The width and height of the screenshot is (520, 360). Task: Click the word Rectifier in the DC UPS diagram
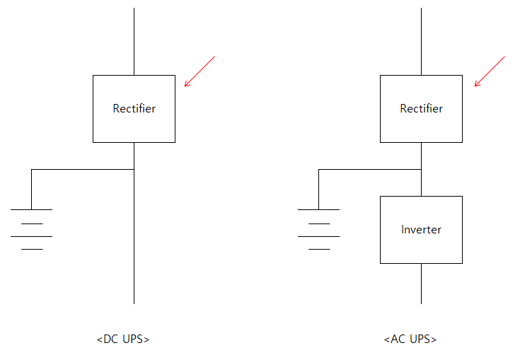coord(134,108)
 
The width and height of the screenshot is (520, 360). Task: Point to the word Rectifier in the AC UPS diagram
coord(421,108)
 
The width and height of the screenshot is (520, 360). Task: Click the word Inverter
coord(421,229)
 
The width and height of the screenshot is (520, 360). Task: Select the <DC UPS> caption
coord(123,339)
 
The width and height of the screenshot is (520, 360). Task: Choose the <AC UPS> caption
coord(410,339)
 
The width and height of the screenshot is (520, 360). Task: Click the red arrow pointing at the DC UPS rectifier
coord(200,71)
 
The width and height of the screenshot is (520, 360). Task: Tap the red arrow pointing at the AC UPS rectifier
coord(490,71)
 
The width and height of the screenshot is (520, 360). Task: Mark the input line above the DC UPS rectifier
coord(134,42)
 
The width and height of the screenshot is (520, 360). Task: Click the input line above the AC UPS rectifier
coord(421,42)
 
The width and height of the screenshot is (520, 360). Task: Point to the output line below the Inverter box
coord(421,284)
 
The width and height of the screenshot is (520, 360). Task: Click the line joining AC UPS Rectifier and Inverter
coord(421,170)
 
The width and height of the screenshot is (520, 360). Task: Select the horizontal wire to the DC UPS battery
coord(83,170)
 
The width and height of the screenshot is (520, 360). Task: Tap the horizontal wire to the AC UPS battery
coord(370,170)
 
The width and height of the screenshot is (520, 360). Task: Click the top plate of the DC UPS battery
coord(32,209)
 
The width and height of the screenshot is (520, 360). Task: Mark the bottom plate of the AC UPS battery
coord(319,249)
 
